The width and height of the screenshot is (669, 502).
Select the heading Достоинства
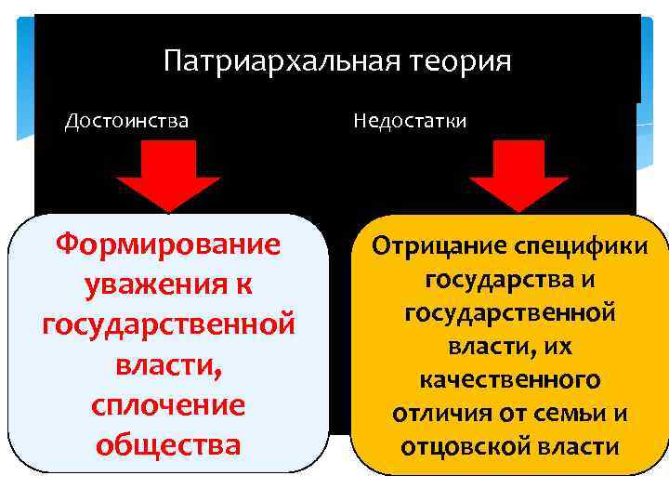point(126,121)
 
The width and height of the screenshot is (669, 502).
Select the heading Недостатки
point(409,121)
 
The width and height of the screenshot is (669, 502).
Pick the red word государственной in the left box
point(168,325)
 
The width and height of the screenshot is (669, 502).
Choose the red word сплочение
point(168,405)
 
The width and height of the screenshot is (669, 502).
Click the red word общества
point(168,445)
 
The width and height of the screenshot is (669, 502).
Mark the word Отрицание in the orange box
point(434,247)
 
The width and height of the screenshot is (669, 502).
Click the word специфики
point(584,247)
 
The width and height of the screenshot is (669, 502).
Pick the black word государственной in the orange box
point(509,313)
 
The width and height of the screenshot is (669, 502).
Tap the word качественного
point(509,379)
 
